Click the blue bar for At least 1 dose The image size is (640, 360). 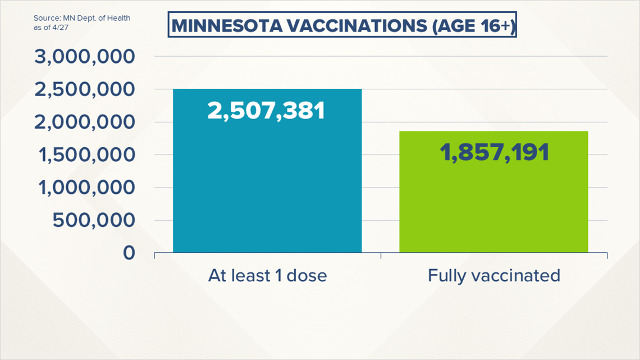tap(267, 171)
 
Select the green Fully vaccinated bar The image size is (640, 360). tap(493, 192)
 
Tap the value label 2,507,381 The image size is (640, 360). tap(266, 110)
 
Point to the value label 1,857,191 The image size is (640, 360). tap(494, 152)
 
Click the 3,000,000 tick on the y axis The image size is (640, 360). tap(84, 57)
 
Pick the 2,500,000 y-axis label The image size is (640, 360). tap(84, 89)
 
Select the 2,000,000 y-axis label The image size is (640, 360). tap(84, 122)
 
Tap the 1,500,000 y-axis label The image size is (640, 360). tap(86, 154)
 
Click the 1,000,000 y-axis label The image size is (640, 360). tap(86, 188)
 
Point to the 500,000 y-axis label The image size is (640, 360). tap(94, 220)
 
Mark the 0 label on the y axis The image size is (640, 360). tap(129, 253)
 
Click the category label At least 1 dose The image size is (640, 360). tap(267, 276)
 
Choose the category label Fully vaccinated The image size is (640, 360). tap(494, 276)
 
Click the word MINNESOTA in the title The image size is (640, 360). tap(227, 26)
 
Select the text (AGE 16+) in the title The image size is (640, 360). tap(473, 26)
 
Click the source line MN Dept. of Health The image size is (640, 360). tap(97, 18)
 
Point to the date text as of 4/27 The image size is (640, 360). tap(51, 28)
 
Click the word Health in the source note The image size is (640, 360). tap(119, 18)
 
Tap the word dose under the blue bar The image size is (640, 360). tap(307, 276)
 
